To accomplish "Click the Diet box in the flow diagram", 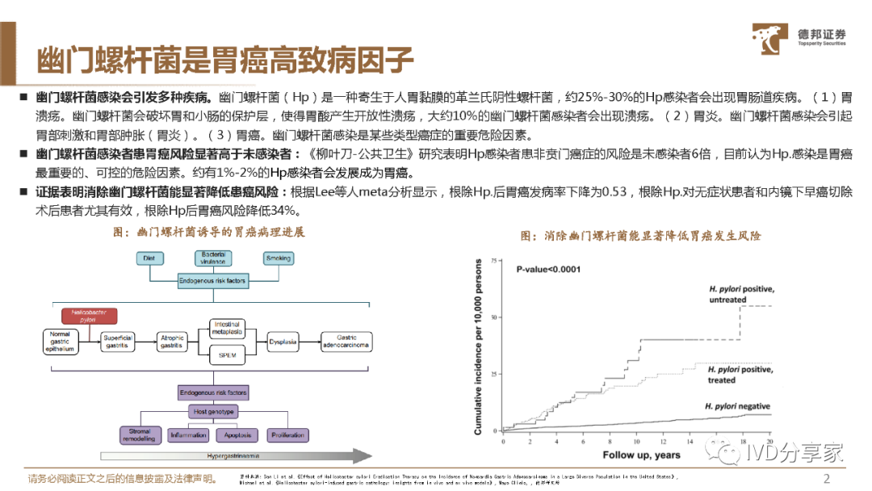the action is tap(148, 258).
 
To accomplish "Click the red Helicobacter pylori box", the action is tap(90, 316).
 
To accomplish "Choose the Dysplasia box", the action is tap(283, 342).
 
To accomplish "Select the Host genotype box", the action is tap(213, 412).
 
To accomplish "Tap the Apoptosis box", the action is tap(236, 435).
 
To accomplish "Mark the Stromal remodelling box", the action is tap(140, 435).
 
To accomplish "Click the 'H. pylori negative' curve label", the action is tap(737, 406).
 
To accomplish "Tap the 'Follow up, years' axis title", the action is tap(641, 455).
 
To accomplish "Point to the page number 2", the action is tap(826, 477).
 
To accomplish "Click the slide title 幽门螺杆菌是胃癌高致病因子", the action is tap(225, 61).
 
